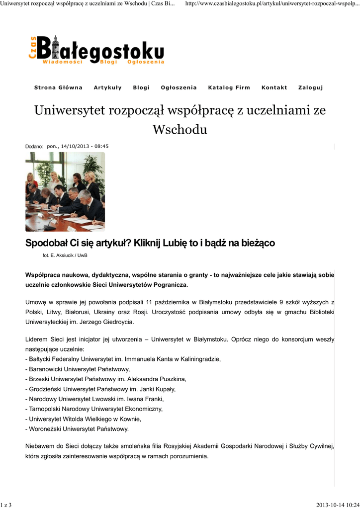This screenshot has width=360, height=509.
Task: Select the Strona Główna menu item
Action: point(58,87)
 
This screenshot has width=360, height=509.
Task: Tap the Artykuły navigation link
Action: point(107,87)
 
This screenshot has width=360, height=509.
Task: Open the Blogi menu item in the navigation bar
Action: point(141,87)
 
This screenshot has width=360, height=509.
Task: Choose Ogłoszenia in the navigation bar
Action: point(179,87)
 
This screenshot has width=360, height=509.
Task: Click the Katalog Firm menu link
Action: point(229,87)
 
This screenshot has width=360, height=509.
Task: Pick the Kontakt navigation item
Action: point(274,87)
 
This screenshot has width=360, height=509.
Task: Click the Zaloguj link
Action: point(310,87)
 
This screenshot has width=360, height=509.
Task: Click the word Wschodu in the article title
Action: point(180,130)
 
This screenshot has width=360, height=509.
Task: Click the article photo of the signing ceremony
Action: point(65,191)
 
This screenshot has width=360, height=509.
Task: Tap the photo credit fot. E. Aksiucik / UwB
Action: point(65,255)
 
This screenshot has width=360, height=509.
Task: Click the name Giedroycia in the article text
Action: point(117,322)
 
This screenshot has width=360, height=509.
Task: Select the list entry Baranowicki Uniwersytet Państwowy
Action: point(79,369)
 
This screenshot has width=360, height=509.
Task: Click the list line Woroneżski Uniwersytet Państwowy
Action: point(78,428)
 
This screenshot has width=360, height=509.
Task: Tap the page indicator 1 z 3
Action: point(6,505)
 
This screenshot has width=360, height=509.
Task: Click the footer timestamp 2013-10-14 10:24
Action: point(338,505)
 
